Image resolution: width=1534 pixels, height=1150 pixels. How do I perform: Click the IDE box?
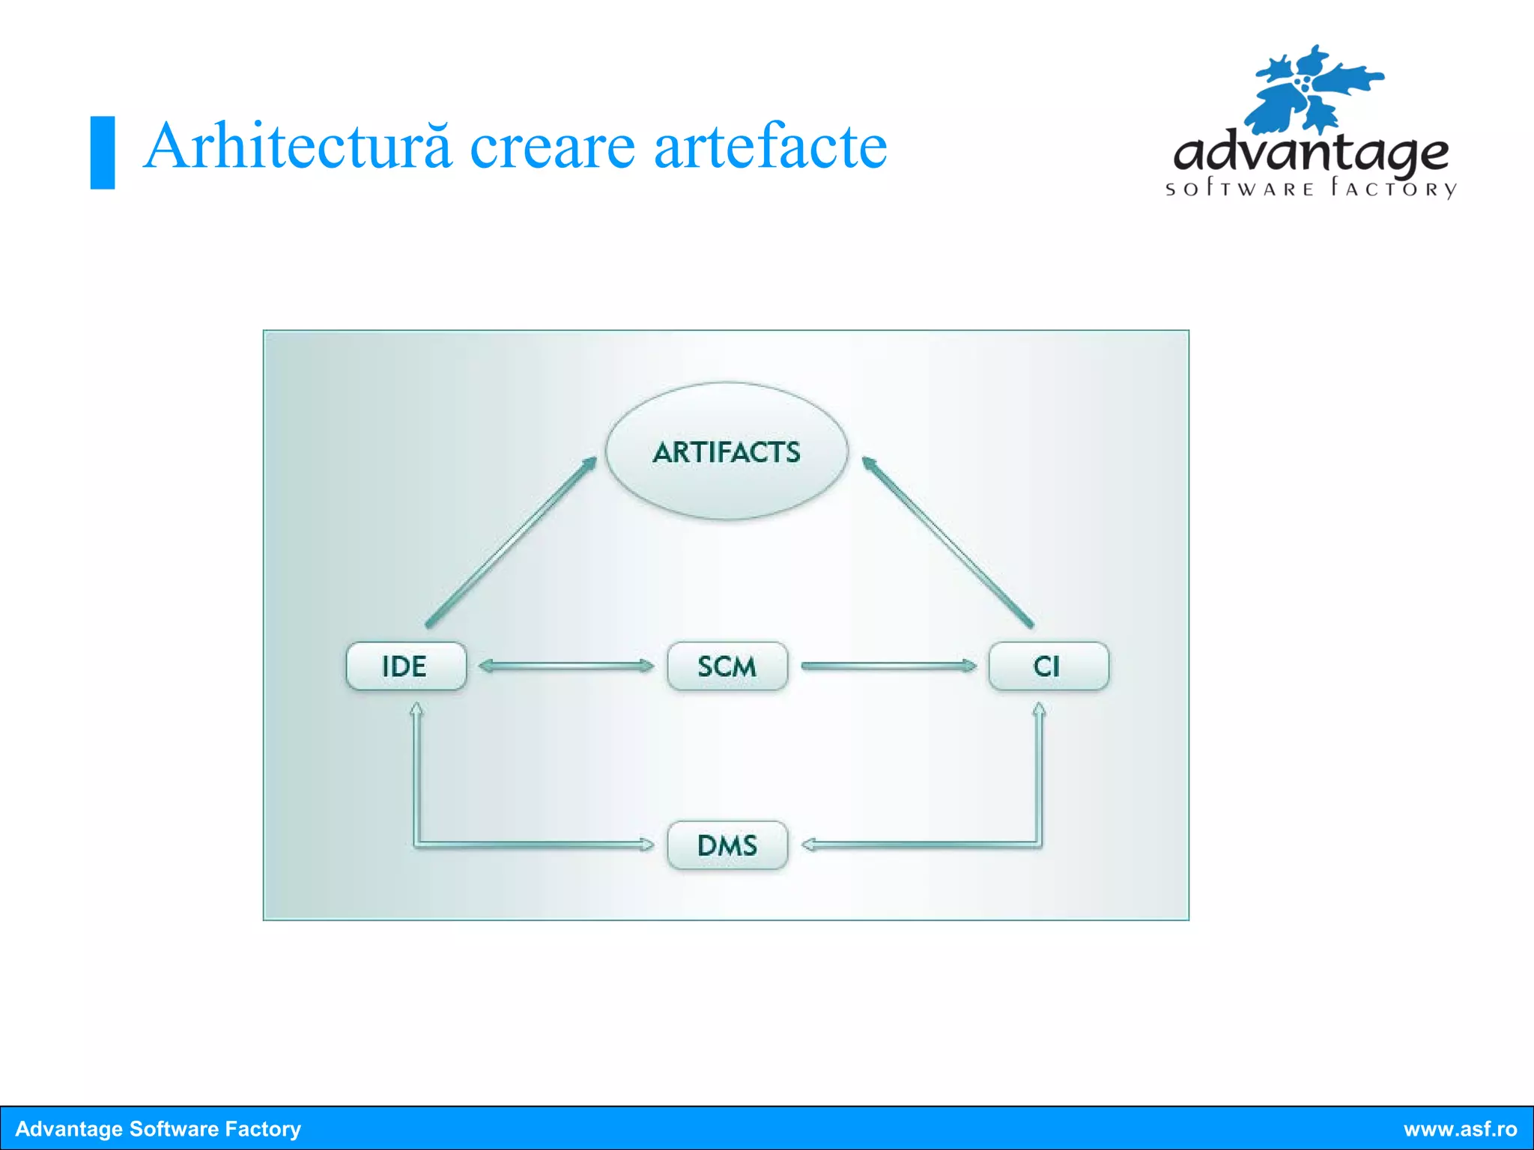coord(406,666)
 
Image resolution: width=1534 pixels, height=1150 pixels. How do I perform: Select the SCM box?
coord(727,666)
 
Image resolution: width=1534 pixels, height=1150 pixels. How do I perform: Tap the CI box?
coord(1048,666)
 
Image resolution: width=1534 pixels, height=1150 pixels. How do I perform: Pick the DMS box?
coord(727,845)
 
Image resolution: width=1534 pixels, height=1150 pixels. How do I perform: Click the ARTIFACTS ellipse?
coord(727,451)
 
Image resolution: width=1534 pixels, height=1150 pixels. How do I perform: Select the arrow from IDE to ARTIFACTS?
coord(511,542)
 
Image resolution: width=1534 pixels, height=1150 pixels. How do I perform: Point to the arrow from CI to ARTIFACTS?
coord(948,542)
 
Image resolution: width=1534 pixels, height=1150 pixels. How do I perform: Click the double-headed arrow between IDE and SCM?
coord(566,666)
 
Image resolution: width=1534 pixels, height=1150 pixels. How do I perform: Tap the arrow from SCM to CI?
coord(888,666)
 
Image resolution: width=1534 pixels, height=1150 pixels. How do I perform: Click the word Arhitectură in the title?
coord(297,147)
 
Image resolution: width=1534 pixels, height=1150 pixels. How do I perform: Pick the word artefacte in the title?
coord(770,147)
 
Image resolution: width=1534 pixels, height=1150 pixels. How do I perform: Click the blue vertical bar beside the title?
coord(103,153)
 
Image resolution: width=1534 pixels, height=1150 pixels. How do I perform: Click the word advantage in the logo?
coord(1310,153)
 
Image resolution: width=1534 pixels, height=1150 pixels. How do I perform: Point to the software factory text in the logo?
coord(1310,189)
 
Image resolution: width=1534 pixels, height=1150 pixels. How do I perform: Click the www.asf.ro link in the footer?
coord(1460,1129)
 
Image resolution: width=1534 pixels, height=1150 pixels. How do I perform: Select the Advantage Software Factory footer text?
coord(158,1129)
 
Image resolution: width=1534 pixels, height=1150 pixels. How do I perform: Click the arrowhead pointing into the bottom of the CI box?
coord(1039,709)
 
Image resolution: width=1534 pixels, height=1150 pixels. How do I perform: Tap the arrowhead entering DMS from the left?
coord(646,845)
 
